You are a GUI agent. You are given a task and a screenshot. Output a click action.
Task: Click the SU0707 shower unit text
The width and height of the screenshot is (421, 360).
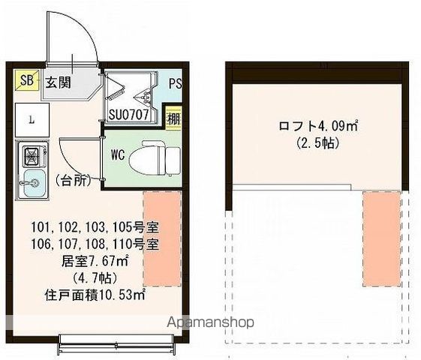pyautogui.click(x=132, y=115)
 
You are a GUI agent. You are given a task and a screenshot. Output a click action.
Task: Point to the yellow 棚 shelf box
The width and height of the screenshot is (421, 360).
pyautogui.click(x=173, y=117)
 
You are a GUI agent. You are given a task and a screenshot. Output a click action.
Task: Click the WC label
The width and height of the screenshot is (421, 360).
pyautogui.click(x=118, y=155)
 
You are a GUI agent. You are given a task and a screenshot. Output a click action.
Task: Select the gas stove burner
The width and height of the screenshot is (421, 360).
pyautogui.click(x=32, y=157)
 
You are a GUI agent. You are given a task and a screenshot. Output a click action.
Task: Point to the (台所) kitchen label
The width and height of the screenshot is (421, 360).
pyautogui.click(x=73, y=180)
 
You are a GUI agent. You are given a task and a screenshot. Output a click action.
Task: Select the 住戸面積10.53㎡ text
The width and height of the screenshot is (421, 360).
pyautogui.click(x=94, y=295)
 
